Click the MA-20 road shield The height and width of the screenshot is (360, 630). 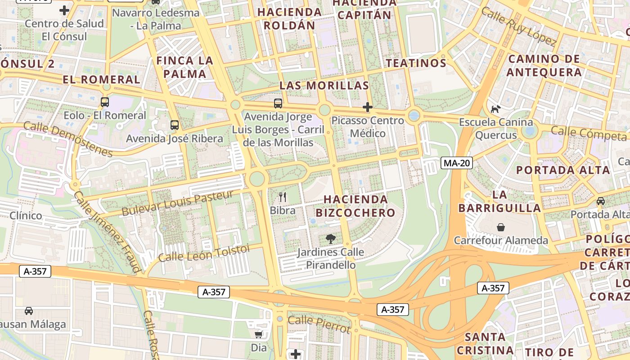click(456, 163)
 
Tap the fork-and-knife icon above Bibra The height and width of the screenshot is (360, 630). click(283, 197)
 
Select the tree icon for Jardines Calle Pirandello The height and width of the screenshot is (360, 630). click(330, 238)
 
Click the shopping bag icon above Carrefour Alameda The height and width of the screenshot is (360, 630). click(501, 227)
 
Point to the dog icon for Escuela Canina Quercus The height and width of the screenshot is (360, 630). click(495, 108)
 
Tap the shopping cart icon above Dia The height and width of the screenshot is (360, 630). click(259, 334)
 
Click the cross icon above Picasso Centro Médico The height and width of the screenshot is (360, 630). click(368, 107)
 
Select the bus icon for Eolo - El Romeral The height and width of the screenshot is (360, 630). click(105, 102)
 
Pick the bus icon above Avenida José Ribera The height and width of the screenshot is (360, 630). click(174, 125)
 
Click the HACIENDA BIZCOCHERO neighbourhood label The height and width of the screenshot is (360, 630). click(355, 206)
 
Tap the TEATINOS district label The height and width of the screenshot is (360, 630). click(416, 63)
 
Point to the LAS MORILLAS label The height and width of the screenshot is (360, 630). click(324, 85)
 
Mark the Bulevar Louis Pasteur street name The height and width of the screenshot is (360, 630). click(178, 202)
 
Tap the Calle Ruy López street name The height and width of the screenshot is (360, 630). click(518, 26)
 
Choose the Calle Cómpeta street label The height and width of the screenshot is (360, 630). click(589, 132)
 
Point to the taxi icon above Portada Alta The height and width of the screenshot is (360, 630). click(600, 201)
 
